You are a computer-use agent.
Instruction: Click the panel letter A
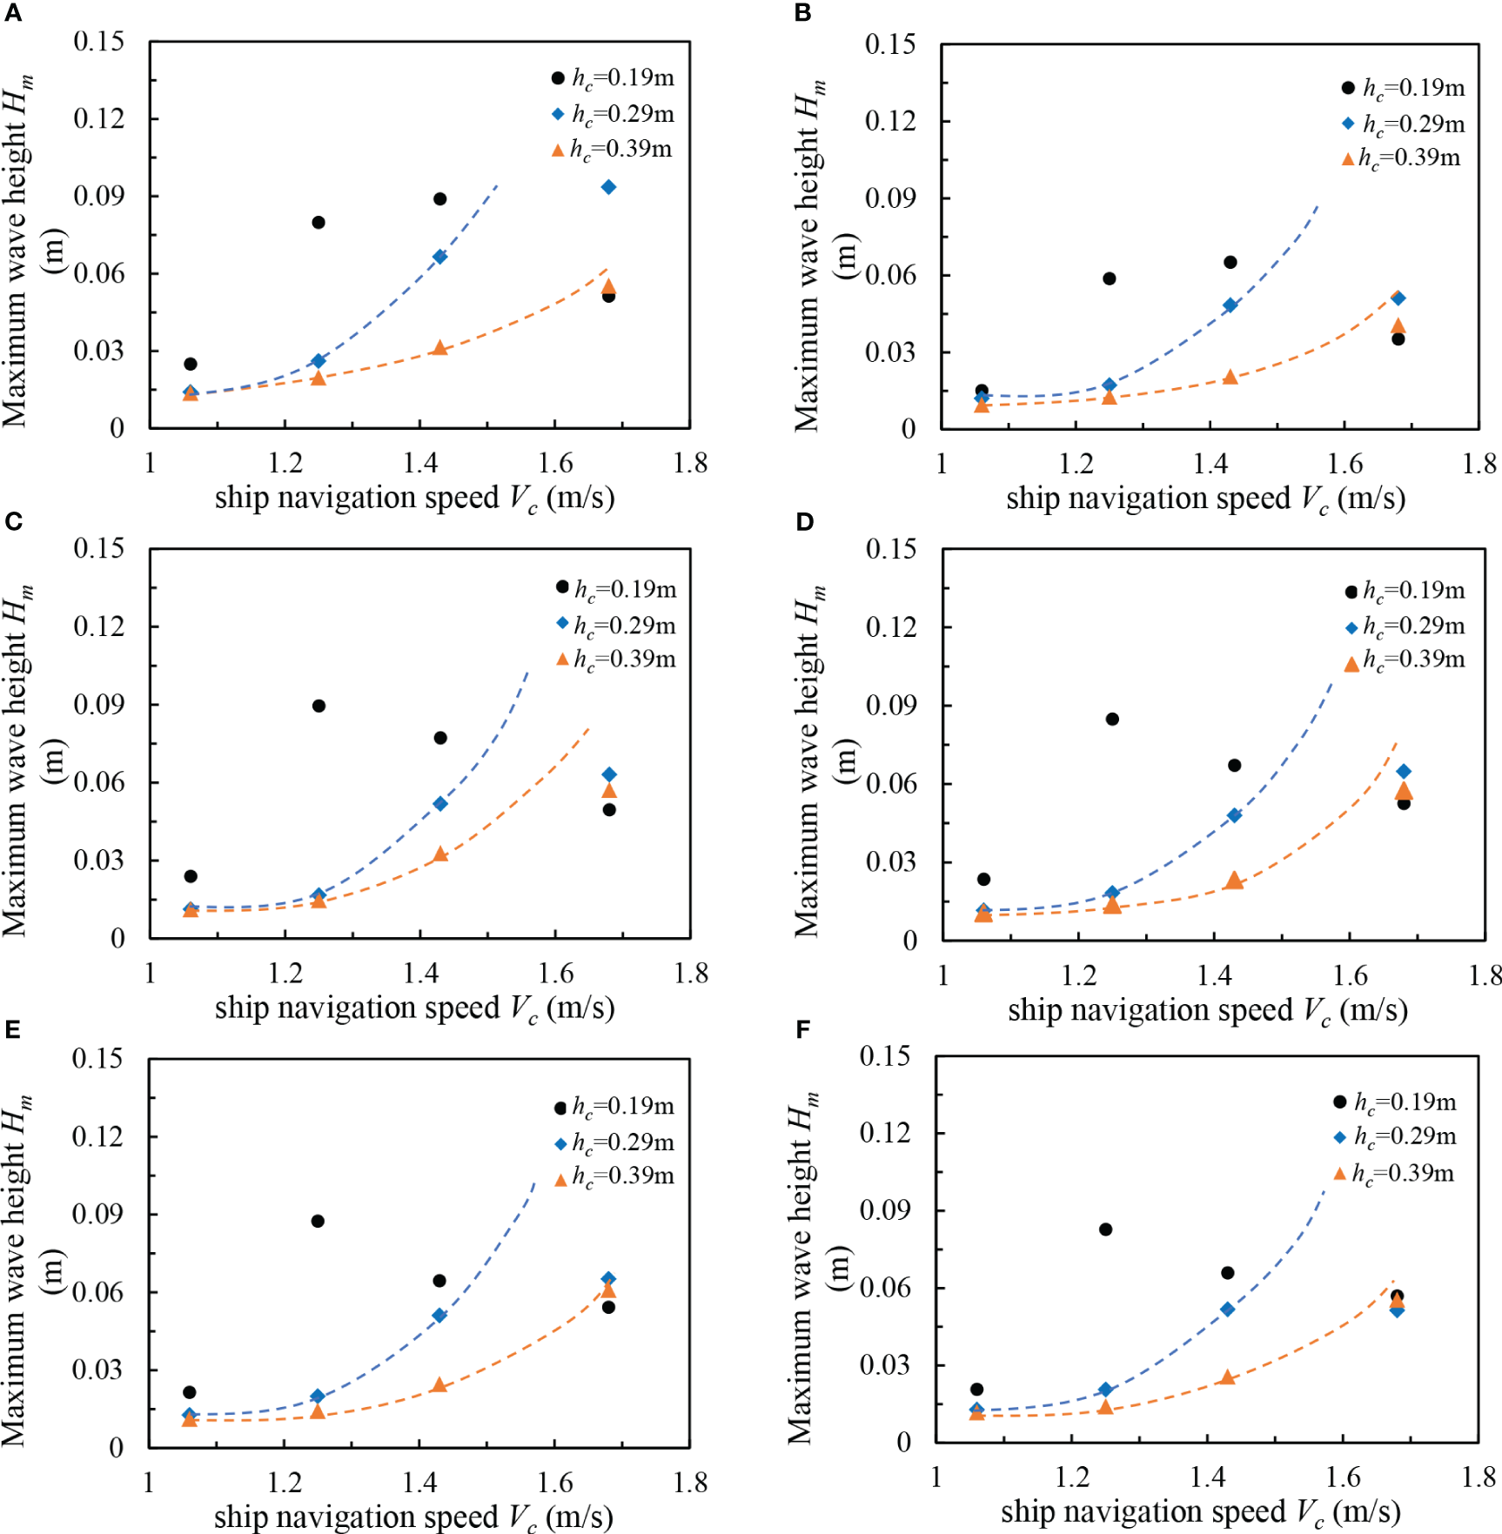(x=12, y=13)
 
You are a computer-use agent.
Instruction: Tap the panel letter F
(x=802, y=1030)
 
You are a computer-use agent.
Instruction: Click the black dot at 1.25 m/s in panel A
(x=319, y=223)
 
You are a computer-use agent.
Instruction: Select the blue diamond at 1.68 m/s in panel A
(x=608, y=187)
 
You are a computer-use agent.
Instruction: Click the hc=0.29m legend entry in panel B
(x=1404, y=124)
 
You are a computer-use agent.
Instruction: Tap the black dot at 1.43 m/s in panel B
(x=1230, y=262)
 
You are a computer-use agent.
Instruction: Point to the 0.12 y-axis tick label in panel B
(x=890, y=121)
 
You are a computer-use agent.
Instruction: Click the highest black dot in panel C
(x=319, y=706)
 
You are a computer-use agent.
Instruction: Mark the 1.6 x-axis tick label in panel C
(x=555, y=973)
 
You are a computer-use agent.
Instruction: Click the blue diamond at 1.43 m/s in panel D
(x=1234, y=815)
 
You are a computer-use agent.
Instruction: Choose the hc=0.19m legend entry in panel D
(x=1405, y=591)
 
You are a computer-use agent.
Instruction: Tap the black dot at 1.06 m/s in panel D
(x=983, y=879)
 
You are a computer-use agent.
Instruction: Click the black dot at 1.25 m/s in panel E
(x=318, y=1221)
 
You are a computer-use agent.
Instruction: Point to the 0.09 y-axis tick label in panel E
(x=97, y=1214)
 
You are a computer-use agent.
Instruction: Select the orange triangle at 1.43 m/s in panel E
(x=439, y=1384)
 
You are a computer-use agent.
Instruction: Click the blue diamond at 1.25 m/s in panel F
(x=1105, y=1390)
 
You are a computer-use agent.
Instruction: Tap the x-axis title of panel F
(x=1200, y=1511)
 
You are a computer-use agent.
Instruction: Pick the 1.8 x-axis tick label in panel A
(x=690, y=463)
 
